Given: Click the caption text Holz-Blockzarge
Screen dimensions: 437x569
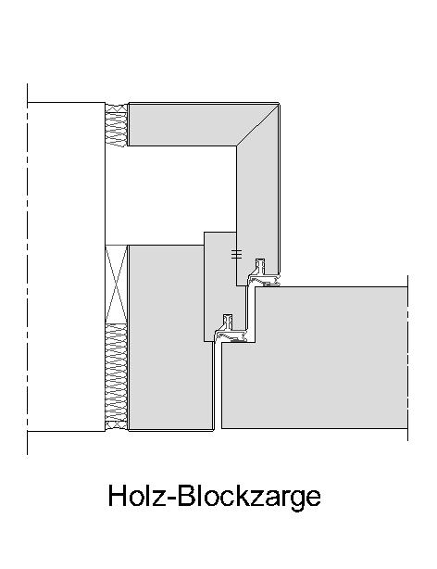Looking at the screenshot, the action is pos(214,497).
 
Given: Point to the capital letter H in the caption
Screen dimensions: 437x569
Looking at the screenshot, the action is pos(118,495).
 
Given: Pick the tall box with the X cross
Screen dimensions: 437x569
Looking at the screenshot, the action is pos(117,284).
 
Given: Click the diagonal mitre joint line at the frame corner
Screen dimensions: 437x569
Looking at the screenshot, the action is pos(257,125).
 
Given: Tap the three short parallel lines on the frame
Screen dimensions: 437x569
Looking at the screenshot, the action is pos(236,254).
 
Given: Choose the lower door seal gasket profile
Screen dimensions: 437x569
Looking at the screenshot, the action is pos(231,329).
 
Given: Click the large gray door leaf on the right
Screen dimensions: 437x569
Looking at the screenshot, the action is pos(314,358).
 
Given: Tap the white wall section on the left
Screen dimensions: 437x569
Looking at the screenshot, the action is pos(66,267).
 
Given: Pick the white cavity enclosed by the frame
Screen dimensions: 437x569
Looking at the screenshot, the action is pos(170,196).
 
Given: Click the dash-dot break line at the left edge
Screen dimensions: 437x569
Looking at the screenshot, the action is pos(27,270).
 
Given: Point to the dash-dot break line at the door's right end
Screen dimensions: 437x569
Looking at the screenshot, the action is pos(408,358).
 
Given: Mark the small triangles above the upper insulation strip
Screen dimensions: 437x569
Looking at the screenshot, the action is pos(117,107).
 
